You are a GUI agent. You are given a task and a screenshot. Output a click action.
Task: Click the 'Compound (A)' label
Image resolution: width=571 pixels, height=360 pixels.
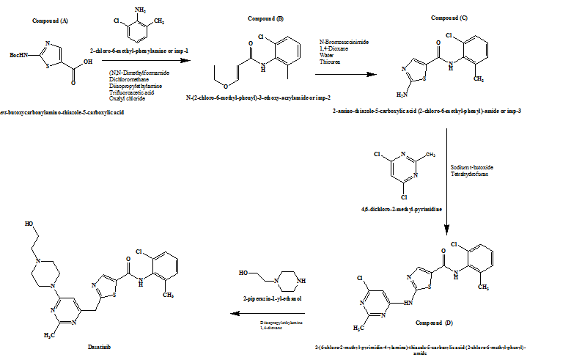[x=51, y=20]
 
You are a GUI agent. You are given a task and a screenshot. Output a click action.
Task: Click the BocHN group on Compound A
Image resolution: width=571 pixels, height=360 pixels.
[x=20, y=54]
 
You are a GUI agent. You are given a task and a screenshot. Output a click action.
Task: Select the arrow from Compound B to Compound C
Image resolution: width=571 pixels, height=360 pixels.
[x=339, y=74]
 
